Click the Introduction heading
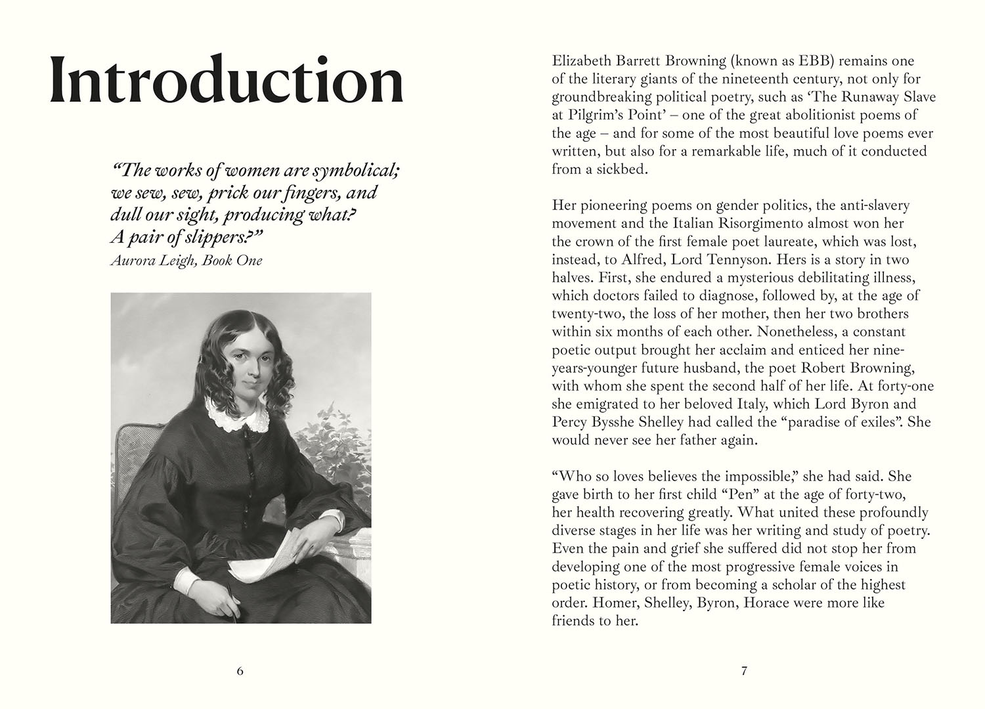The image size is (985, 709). coord(227,81)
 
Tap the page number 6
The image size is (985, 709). coord(240,671)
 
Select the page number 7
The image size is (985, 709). coord(744,671)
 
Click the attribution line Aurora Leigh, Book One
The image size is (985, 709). coord(186,261)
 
